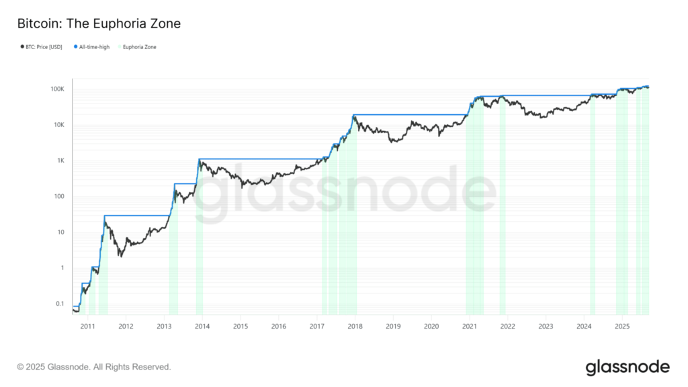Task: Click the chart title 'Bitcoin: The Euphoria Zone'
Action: tap(99, 24)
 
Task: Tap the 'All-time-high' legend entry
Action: tap(92, 47)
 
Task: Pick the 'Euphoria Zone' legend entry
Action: tap(140, 47)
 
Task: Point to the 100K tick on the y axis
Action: tap(56, 89)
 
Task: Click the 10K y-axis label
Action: tap(58, 125)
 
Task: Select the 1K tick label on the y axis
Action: tap(59, 161)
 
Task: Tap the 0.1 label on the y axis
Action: tap(59, 304)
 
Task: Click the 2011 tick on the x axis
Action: tap(87, 327)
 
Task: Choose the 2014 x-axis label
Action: tap(202, 327)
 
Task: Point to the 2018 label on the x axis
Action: tap(355, 327)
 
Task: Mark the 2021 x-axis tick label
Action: tap(470, 327)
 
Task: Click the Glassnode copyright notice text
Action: tap(94, 367)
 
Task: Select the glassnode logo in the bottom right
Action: tap(628, 367)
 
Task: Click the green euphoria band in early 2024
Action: tap(593, 202)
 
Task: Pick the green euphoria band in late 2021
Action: tap(503, 202)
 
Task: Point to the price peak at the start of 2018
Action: tap(354, 116)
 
